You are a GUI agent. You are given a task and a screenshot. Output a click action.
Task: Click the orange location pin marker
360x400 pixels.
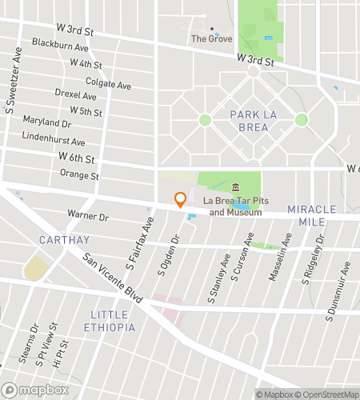(181, 199)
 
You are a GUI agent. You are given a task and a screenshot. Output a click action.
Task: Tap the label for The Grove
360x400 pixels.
(211, 38)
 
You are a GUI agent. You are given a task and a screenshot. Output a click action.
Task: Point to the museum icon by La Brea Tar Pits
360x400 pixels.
(235, 187)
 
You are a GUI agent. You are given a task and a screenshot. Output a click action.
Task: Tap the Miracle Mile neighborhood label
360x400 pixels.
(311, 215)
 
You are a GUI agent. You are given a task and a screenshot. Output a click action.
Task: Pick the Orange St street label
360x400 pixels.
(78, 175)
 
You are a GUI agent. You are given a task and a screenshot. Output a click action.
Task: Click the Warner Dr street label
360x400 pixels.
(87, 216)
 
